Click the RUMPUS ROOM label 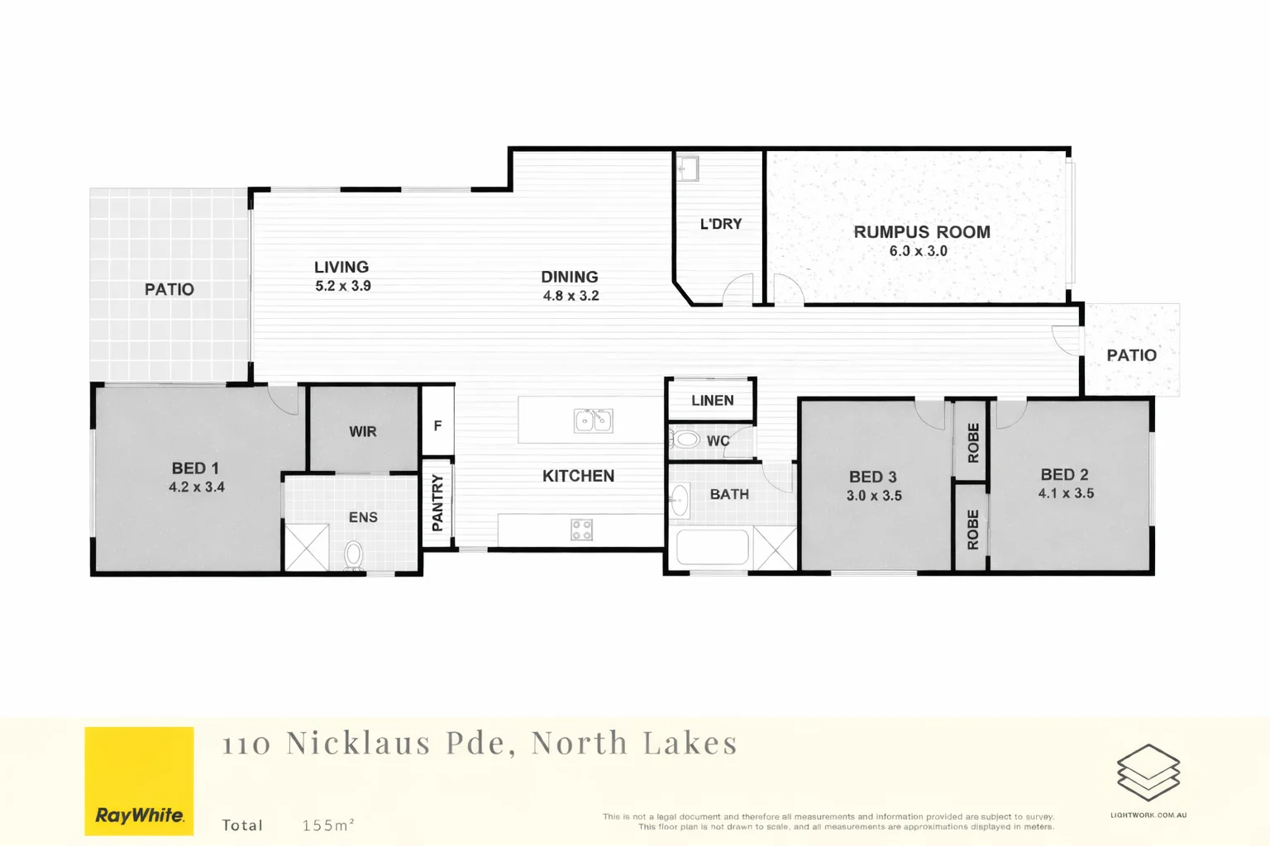922,232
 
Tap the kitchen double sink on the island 593,421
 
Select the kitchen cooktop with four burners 581,530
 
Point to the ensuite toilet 354,555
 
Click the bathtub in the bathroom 712,548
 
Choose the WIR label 363,431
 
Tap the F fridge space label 437,425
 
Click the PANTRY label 437,502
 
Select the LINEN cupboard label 712,401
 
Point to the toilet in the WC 685,439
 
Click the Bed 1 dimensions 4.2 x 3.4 197,487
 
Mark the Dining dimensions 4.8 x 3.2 571,296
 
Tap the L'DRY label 720,224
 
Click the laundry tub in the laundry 688,169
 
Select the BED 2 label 1064,475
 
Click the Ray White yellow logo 139,781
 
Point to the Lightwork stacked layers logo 1148,772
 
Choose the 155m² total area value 328,825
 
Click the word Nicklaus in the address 358,744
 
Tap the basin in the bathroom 680,501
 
